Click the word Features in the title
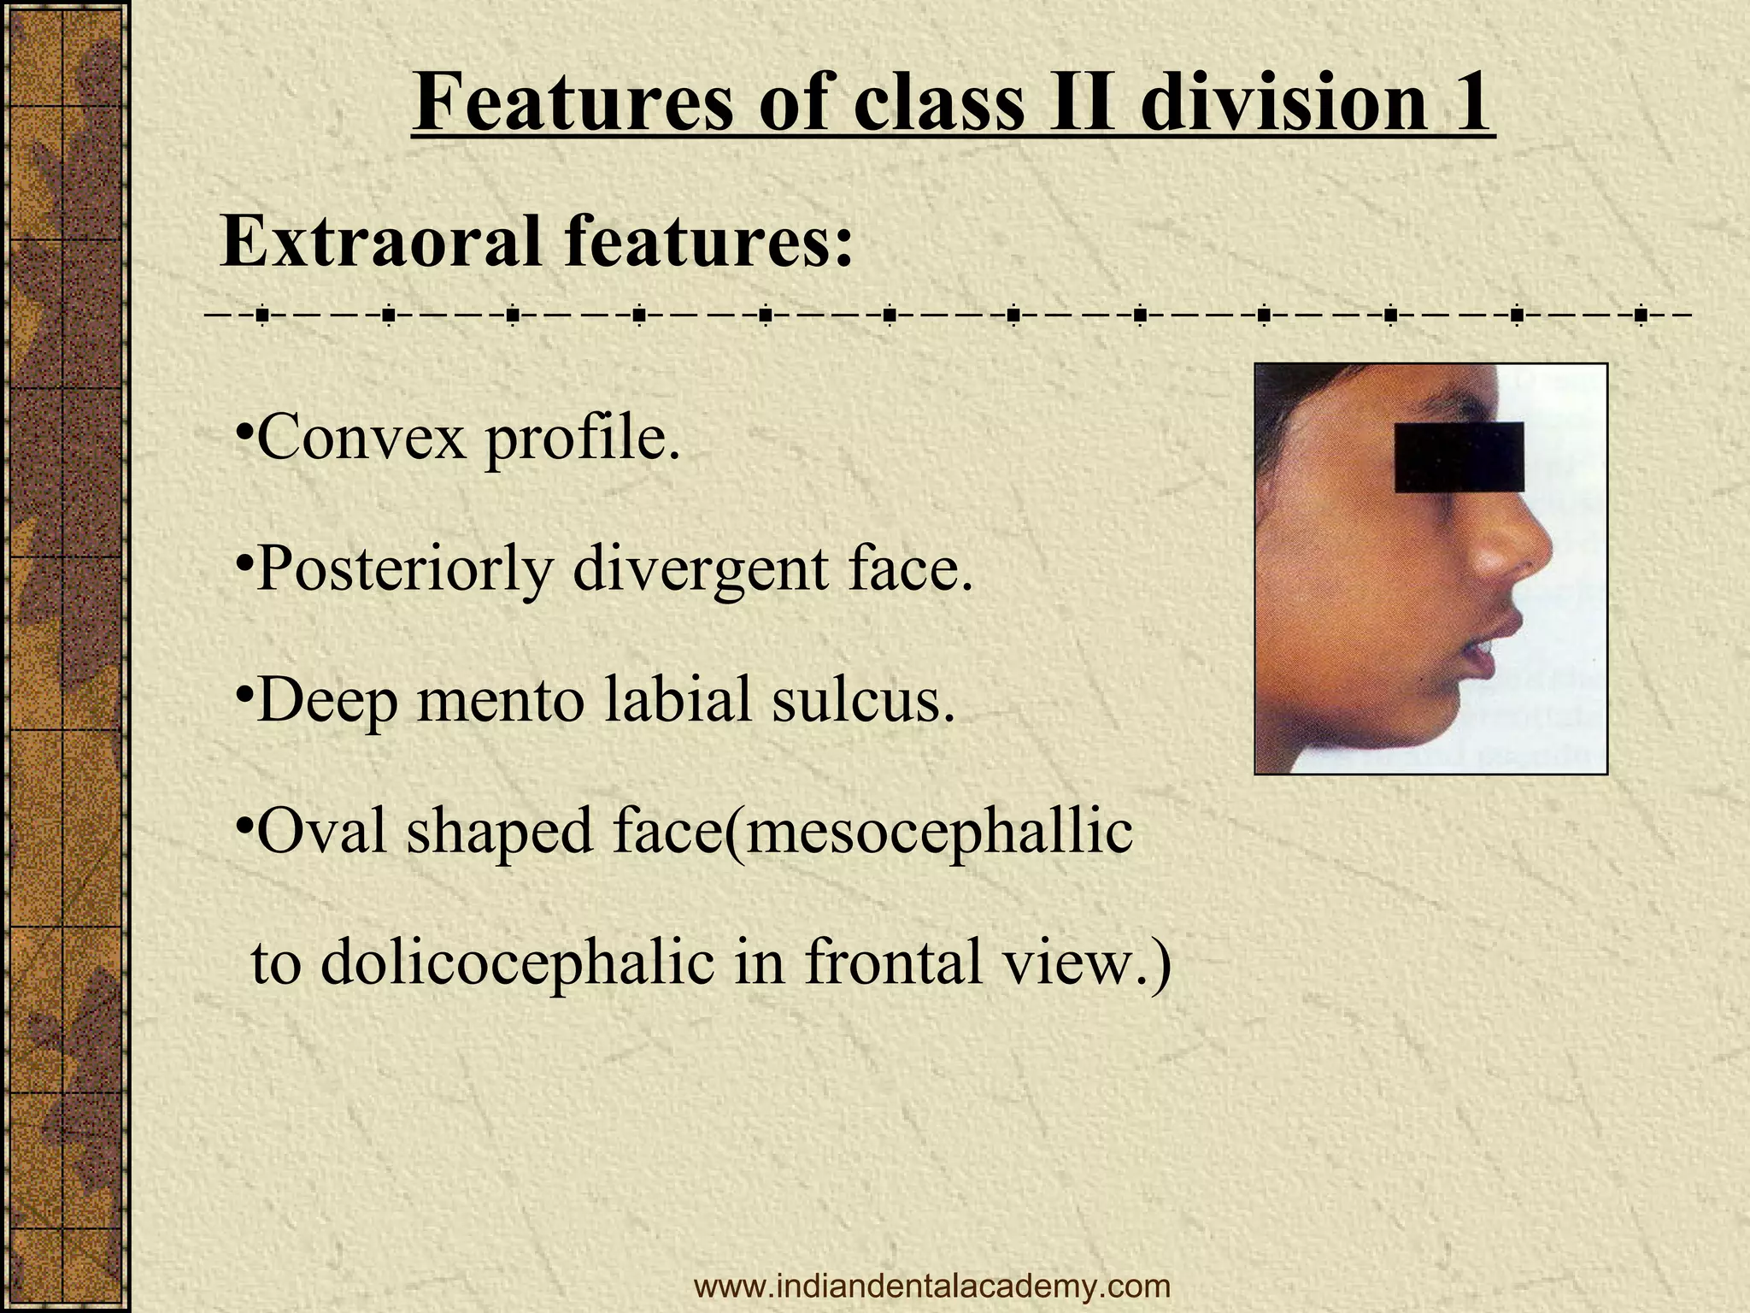point(572,103)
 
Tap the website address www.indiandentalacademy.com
point(932,1286)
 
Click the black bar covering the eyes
point(1459,457)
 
